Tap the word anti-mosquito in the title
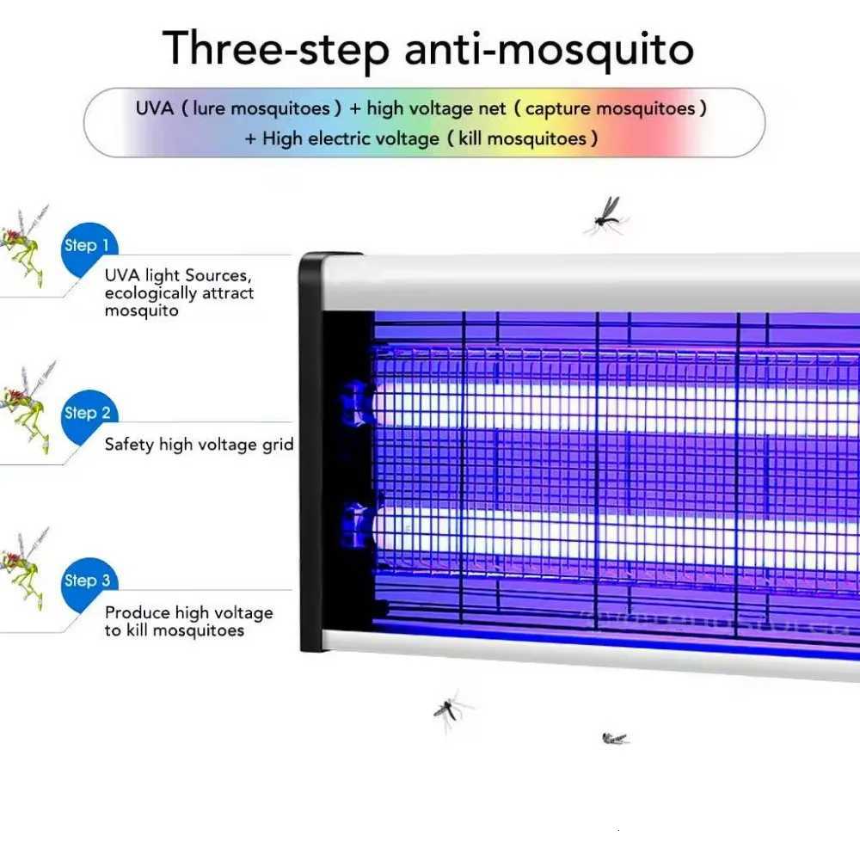click(x=549, y=49)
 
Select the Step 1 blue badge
click(x=87, y=247)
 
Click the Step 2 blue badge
click(x=87, y=415)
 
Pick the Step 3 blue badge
click(x=87, y=582)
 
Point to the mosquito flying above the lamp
click(x=606, y=215)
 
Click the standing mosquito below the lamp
click(x=449, y=710)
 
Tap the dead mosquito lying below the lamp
click(x=614, y=738)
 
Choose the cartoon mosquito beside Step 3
click(x=23, y=572)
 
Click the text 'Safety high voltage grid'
click(x=199, y=445)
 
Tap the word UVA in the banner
click(x=154, y=109)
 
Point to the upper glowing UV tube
click(x=602, y=404)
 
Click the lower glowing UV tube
click(x=602, y=531)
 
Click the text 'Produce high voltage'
click(x=188, y=613)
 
